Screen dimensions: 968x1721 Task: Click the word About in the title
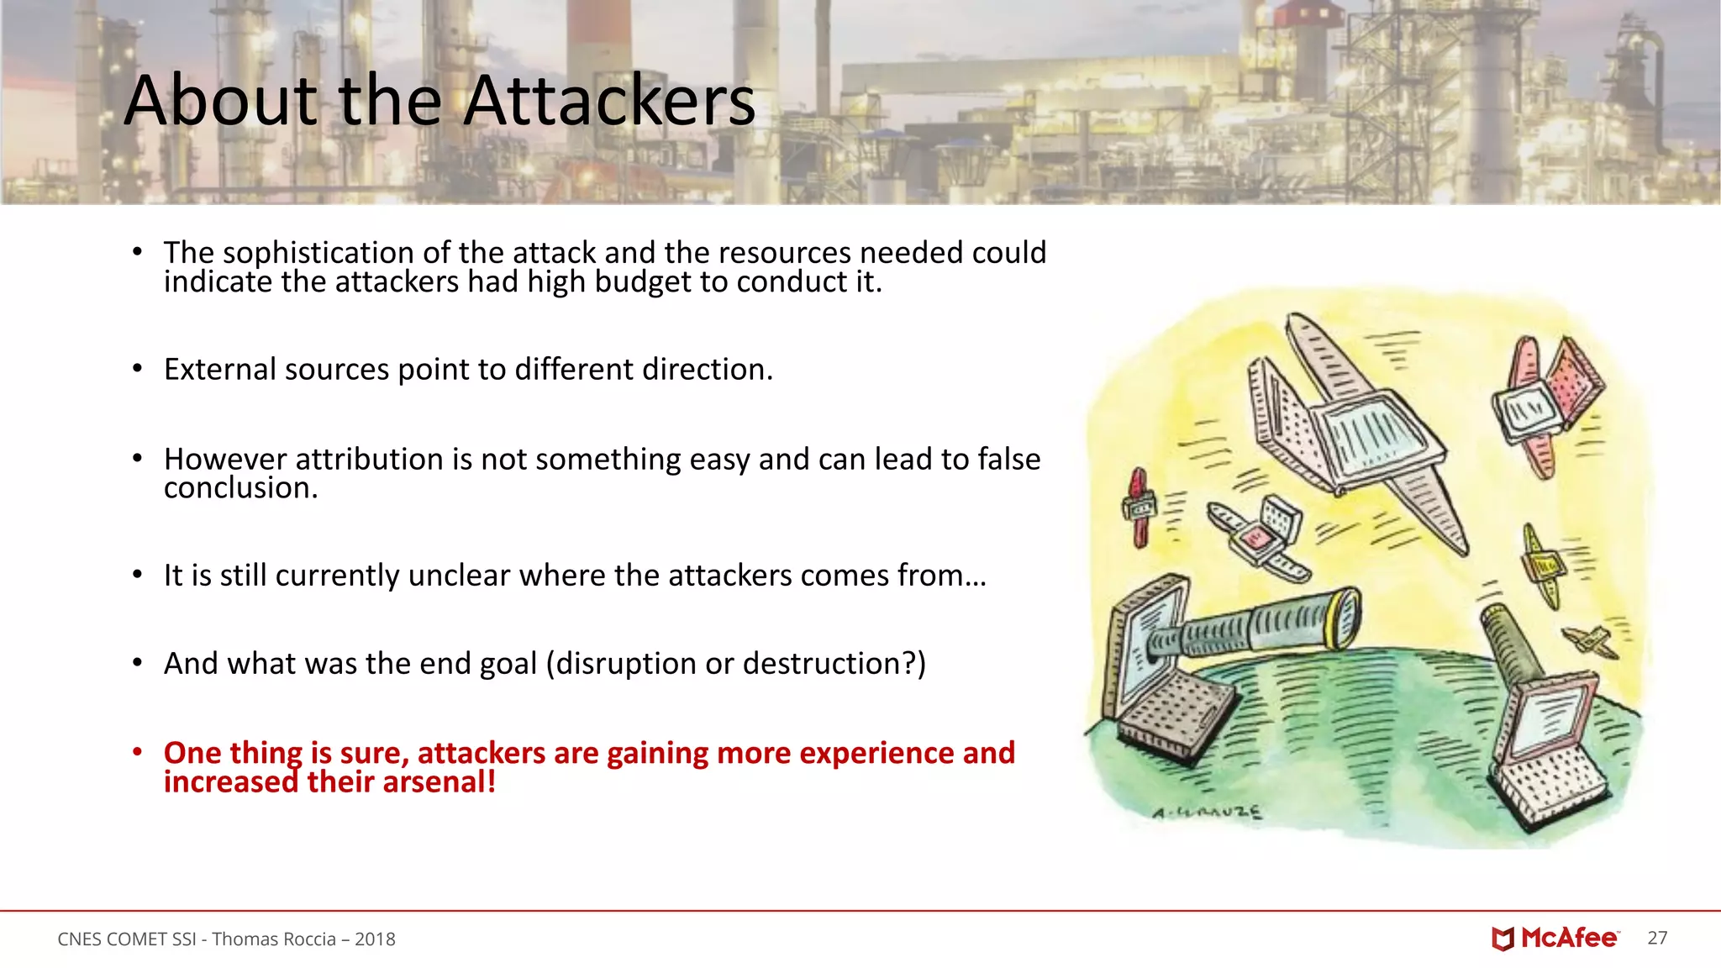221,101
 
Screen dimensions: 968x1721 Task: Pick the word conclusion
239,488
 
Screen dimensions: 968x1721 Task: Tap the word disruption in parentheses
626,664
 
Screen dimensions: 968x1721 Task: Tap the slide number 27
1657,939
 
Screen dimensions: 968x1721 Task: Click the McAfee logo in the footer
1555,939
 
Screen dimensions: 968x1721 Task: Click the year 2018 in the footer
375,939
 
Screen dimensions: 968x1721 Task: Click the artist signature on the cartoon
1206,813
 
